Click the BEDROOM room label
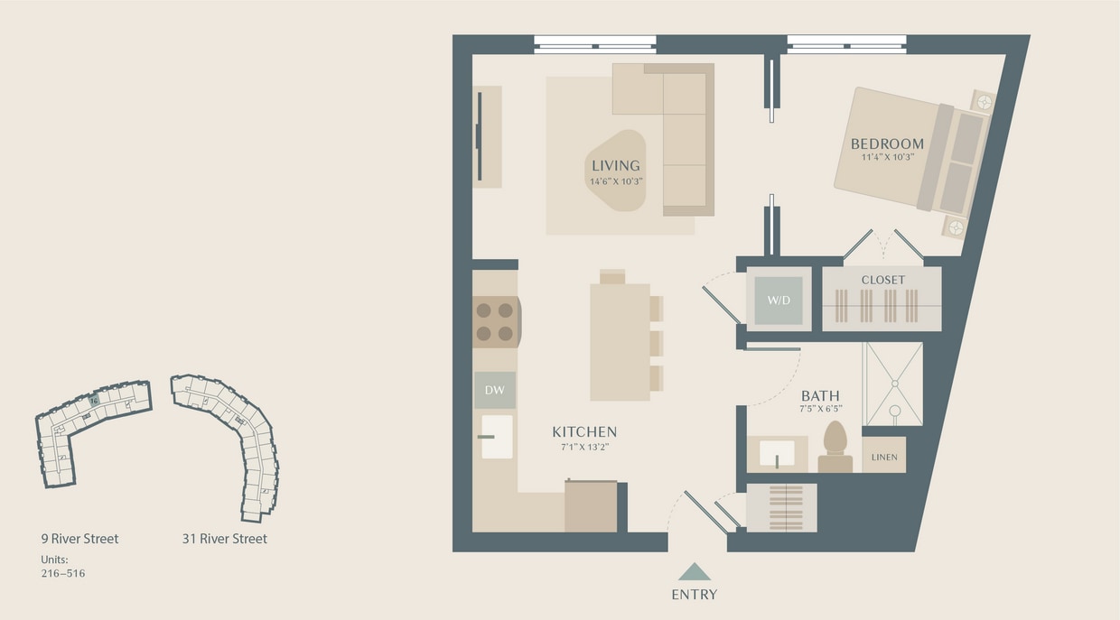(887, 143)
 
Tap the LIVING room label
(615, 165)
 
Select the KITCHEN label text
(584, 432)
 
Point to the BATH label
(820, 395)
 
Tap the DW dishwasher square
(495, 391)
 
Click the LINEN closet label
(884, 457)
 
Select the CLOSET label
(882, 280)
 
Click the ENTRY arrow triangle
(695, 572)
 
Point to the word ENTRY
(695, 594)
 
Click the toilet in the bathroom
(835, 446)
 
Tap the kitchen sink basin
(497, 437)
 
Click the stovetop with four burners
(495, 322)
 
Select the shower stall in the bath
(893, 384)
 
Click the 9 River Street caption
(79, 539)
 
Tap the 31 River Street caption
(224, 539)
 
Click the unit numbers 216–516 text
(63, 573)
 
